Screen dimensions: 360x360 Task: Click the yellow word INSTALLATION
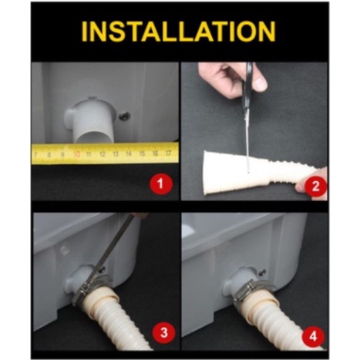point(179,32)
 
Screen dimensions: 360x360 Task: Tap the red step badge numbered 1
point(161,184)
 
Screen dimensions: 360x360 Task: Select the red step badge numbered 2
point(315,186)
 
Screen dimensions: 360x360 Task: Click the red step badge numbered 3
point(164,332)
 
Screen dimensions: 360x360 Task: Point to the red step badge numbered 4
point(313,336)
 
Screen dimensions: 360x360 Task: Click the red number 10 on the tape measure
point(77,154)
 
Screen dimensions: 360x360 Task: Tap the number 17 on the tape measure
point(168,153)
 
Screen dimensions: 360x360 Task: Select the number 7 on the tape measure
point(35,155)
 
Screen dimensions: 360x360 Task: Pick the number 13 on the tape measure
point(116,154)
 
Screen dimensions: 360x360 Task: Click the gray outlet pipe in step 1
point(90,120)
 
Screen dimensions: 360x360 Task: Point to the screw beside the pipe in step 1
point(124,116)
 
